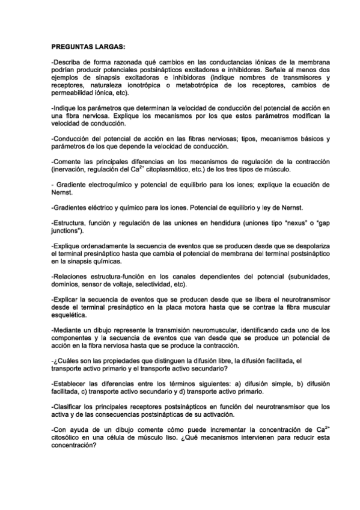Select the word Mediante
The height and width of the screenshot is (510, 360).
[70, 331]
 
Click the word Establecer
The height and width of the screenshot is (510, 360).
[73, 383]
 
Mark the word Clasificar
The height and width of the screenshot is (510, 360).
[71, 406]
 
